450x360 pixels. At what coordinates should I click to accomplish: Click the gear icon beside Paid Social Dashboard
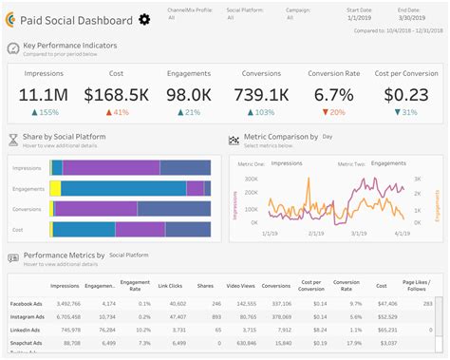pyautogui.click(x=144, y=19)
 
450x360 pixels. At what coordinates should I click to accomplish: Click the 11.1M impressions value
pyautogui.click(x=42, y=95)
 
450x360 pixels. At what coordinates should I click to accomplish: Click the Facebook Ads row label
pyautogui.click(x=23, y=303)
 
